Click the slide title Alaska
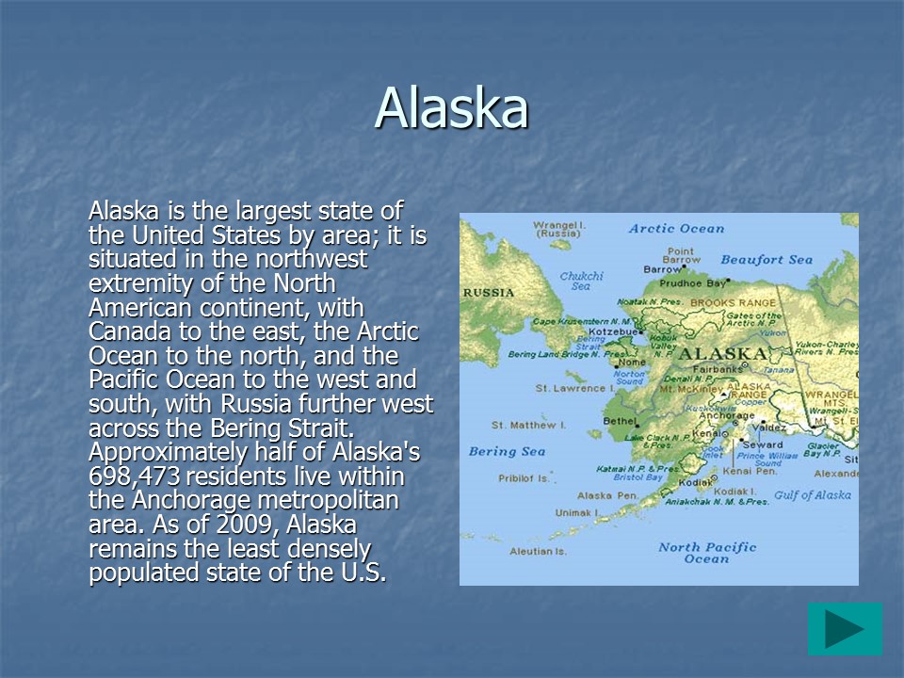point(451,108)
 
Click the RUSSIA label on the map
point(488,293)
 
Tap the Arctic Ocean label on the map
point(676,228)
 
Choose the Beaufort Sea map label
point(766,259)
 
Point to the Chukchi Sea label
point(581,281)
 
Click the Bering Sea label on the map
point(507,451)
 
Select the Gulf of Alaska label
point(812,495)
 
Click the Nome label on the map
point(633,363)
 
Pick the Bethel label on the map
point(620,421)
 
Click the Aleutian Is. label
point(538,551)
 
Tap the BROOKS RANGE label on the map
point(734,303)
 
